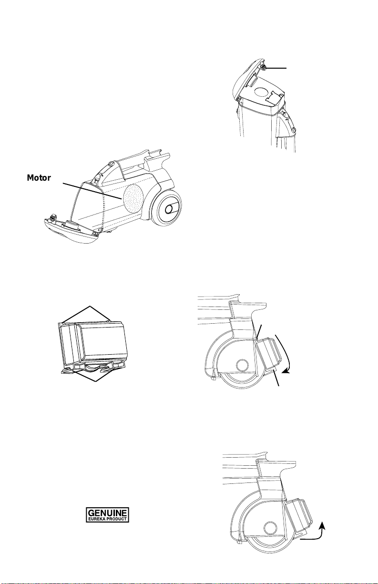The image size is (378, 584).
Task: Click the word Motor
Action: (43, 178)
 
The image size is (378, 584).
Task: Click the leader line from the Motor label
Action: (91, 189)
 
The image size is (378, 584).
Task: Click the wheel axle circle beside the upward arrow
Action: (270, 527)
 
